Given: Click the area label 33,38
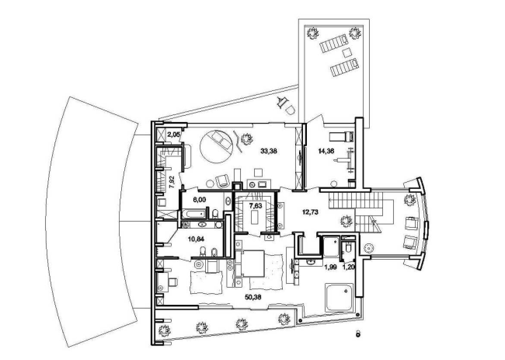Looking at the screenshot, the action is coord(270,151).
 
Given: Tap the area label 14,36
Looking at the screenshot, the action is coord(326,151).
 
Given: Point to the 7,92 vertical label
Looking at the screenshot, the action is coord(172,183).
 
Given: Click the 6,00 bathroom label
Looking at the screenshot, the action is coord(199,200).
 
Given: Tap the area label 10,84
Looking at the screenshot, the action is coord(197,239).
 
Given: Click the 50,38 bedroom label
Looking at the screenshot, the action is coord(252,297).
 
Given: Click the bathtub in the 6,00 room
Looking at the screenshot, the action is coord(193,214).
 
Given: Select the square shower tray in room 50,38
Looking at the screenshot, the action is coord(340,298).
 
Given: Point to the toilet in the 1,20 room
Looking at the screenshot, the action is coord(348,247).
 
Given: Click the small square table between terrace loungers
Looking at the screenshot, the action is coord(347,52).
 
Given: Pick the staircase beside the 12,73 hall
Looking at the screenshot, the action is coord(357,211).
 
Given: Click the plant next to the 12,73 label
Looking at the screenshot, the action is coord(347,222).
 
